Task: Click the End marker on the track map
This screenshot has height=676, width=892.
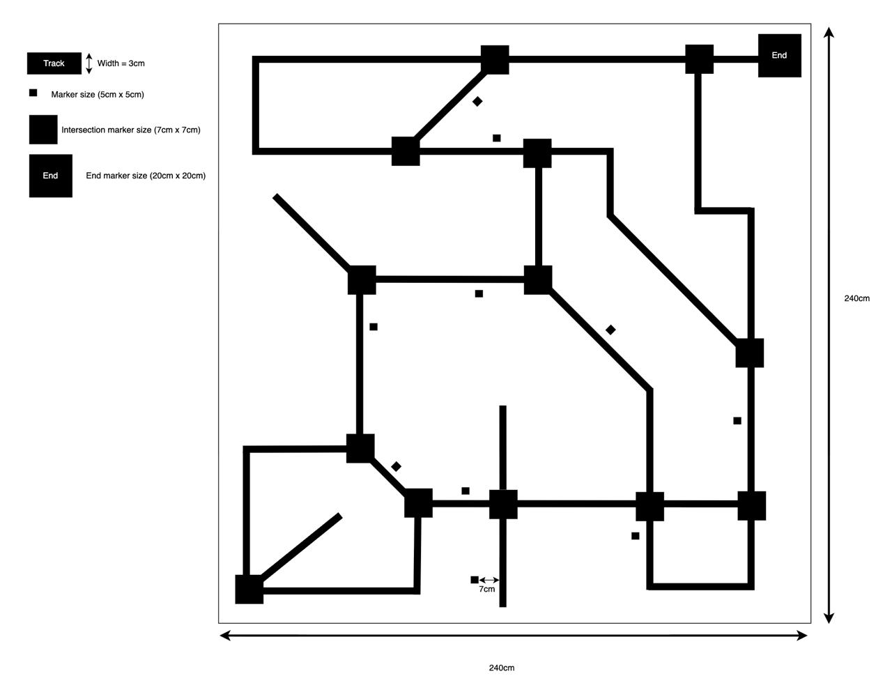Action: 779,55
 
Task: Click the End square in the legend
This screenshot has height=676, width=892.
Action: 50,176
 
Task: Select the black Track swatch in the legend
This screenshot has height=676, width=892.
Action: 54,63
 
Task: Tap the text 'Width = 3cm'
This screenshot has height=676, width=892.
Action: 121,63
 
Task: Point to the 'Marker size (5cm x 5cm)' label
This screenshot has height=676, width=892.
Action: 98,95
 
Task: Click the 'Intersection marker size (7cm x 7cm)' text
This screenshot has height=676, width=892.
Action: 131,130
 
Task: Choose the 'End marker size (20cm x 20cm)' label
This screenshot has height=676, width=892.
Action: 146,176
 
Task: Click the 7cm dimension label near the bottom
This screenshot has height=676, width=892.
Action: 487,589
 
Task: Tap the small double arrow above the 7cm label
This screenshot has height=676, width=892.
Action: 489,580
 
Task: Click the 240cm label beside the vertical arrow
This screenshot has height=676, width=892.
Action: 856,298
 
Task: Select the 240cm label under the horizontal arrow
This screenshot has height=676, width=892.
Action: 502,668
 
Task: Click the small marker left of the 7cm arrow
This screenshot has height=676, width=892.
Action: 475,580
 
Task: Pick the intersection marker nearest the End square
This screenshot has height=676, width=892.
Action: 699,59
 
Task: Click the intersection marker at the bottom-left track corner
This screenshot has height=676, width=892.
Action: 249,589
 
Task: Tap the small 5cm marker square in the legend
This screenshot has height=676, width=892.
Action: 33,93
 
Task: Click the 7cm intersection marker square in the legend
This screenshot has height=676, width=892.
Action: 43,130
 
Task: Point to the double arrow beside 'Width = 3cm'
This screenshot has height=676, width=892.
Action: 89,63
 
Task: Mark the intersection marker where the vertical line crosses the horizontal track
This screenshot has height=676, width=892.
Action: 503,504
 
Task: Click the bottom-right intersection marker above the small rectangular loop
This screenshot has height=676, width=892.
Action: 751,506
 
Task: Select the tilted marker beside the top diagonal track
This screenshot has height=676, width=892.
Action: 477,102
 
